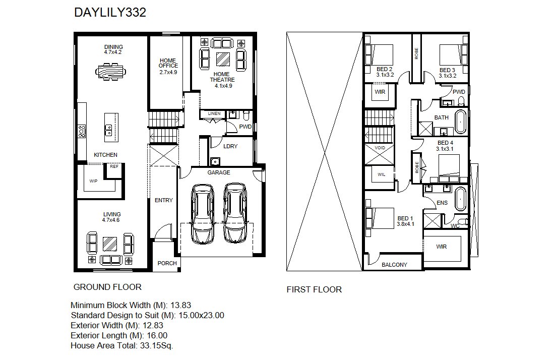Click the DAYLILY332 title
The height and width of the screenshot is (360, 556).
tap(110, 13)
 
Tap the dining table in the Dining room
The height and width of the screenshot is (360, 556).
tap(110, 72)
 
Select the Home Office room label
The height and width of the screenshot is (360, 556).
tap(168, 63)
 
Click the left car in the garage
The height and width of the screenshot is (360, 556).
tap(203, 214)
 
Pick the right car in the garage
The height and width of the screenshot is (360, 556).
tap(235, 213)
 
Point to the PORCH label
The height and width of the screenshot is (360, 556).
tap(167, 263)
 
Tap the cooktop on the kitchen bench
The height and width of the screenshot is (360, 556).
tap(82, 131)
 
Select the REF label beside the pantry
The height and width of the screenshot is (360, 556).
tap(114, 166)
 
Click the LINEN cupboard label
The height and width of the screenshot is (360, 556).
tap(214, 113)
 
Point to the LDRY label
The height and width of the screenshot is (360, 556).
tap(230, 146)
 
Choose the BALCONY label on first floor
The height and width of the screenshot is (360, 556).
tap(394, 265)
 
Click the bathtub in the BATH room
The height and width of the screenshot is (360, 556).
tap(461, 122)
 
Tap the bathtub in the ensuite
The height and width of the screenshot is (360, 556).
tap(460, 199)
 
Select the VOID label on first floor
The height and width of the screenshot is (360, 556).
tap(380, 148)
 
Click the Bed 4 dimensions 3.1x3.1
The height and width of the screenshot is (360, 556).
tap(445, 149)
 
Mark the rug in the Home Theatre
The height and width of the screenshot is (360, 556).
tap(223, 59)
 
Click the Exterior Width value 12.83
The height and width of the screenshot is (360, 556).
tap(153, 325)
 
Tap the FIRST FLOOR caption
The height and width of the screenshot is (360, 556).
tap(314, 289)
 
